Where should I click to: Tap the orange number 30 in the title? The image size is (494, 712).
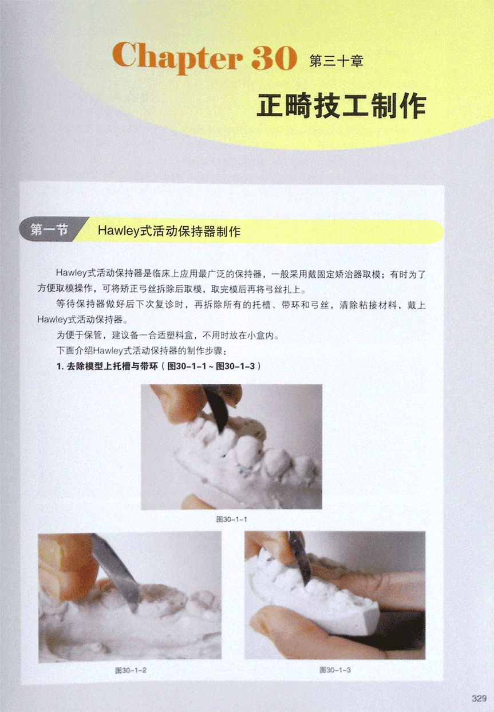(x=274, y=57)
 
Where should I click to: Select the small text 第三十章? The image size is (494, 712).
(x=337, y=61)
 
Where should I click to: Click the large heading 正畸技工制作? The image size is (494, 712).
(x=342, y=106)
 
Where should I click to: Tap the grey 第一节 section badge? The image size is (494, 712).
(x=49, y=229)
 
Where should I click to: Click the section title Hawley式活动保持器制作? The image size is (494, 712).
(x=169, y=231)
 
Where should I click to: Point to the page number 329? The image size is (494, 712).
(x=479, y=698)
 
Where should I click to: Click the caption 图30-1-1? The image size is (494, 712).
(x=232, y=520)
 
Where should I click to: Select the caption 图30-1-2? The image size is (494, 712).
(x=131, y=670)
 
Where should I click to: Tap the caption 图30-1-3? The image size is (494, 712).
(x=335, y=670)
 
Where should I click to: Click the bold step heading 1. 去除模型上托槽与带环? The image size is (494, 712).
(x=107, y=366)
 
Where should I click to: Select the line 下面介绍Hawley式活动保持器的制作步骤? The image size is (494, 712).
(x=141, y=351)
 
